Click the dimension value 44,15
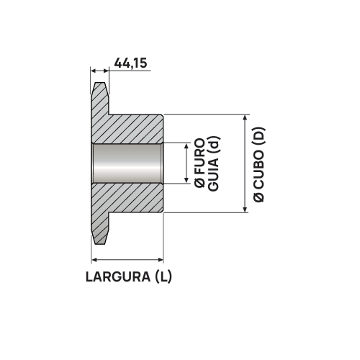tap(130, 64)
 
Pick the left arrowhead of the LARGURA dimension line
tap(95, 260)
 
